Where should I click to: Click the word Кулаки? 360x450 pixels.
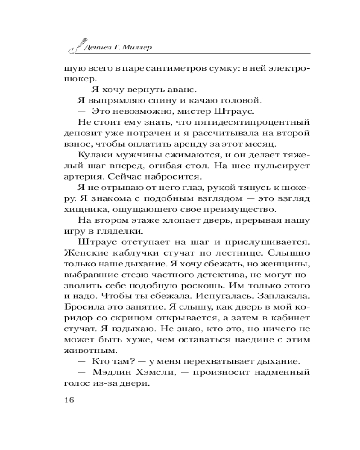[94, 155]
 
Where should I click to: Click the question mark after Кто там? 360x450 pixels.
[135, 362]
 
